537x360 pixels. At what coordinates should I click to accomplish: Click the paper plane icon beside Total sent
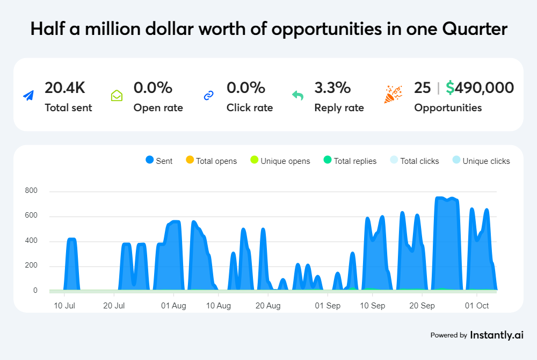coord(28,96)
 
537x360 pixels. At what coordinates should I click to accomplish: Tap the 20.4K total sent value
coord(65,88)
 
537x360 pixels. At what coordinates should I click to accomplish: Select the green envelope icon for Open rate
coord(117,96)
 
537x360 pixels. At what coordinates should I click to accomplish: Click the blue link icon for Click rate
coord(209,96)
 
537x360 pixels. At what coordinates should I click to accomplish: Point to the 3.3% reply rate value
coord(332,88)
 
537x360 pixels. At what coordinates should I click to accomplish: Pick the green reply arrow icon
coord(297,96)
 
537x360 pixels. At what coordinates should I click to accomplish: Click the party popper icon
coord(393,95)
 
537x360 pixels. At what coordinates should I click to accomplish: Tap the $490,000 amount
coord(480,88)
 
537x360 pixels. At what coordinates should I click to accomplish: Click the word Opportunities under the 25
coord(448,107)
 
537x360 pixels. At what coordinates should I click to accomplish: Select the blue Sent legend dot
coord(150,160)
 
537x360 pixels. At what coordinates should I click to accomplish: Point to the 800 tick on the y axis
coord(31,191)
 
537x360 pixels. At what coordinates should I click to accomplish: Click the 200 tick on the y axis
coord(31,266)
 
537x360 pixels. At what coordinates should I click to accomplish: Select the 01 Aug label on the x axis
coord(173,306)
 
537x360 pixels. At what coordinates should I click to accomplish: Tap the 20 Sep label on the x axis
coord(422,306)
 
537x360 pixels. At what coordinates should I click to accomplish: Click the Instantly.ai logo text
coord(496,335)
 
